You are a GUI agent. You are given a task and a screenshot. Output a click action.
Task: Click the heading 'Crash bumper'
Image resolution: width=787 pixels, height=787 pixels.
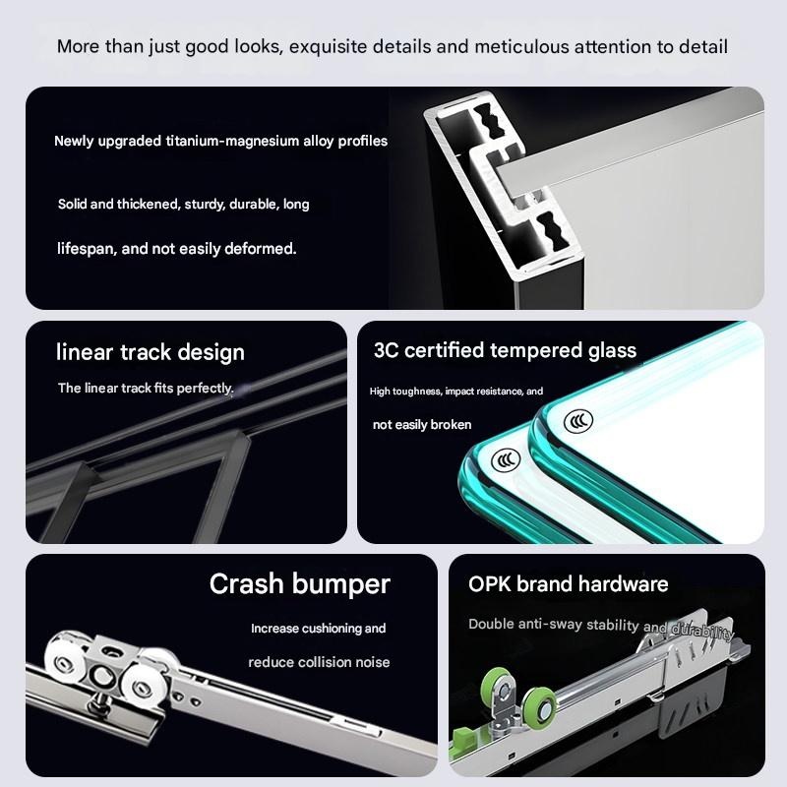point(300,584)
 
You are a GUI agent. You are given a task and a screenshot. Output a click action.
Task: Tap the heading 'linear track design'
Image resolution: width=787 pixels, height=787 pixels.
point(151,352)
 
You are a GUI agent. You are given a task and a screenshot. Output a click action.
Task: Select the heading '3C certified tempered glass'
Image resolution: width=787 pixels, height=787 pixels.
point(505,350)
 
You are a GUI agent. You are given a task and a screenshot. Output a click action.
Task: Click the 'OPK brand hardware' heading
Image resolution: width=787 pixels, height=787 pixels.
point(569,584)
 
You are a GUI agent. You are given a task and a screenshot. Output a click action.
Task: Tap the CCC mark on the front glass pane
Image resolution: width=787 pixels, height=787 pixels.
point(506,459)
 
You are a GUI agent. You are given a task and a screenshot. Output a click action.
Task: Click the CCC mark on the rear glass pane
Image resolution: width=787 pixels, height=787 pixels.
point(578,421)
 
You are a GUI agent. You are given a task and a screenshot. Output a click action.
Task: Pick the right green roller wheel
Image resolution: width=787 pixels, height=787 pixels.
point(539,706)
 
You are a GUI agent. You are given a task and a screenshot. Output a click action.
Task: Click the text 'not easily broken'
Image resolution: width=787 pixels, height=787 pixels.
point(422,425)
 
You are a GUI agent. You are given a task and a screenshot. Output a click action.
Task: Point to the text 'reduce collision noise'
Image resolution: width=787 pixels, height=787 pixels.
point(319,662)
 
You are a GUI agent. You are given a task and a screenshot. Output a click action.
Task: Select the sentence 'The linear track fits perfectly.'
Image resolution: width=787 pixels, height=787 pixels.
point(146,388)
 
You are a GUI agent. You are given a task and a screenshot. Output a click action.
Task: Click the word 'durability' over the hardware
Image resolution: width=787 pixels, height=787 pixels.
point(702,631)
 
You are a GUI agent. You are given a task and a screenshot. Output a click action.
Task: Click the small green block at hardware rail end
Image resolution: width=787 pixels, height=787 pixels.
point(461,737)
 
